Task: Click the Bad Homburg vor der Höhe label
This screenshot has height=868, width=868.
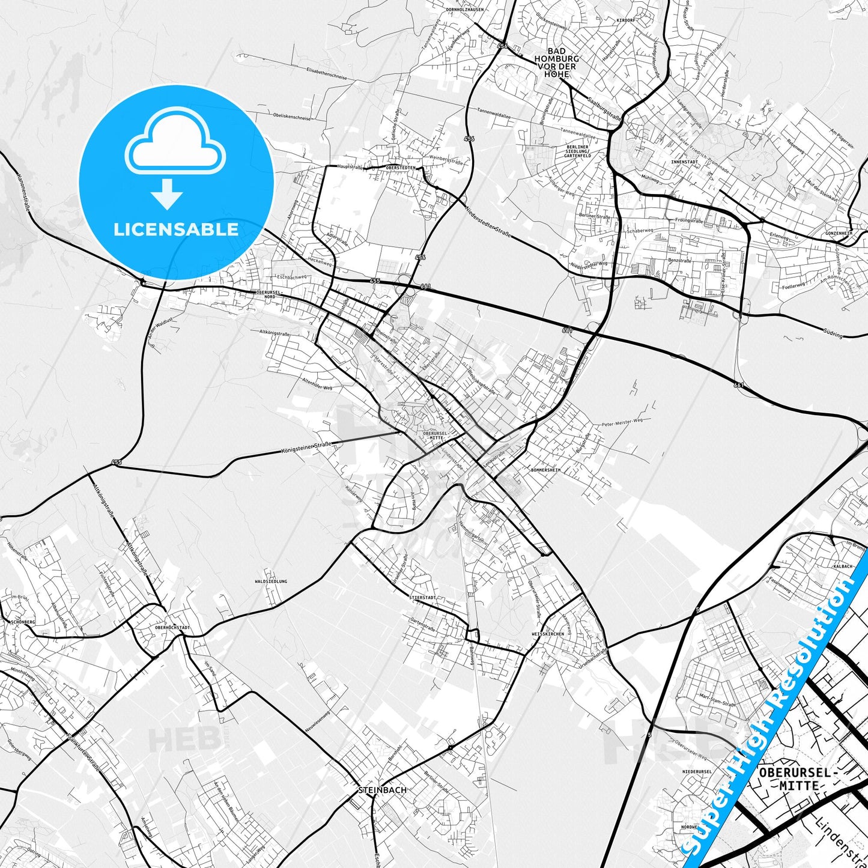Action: (x=556, y=62)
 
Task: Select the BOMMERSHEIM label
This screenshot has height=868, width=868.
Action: (x=545, y=470)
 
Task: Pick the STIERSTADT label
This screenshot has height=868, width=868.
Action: (x=422, y=598)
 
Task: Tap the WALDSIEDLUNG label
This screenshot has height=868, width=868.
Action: (x=271, y=581)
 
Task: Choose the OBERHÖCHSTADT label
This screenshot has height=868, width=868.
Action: (x=172, y=627)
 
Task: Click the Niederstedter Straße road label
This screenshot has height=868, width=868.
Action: (x=488, y=220)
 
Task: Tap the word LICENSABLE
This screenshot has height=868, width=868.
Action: (x=176, y=229)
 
